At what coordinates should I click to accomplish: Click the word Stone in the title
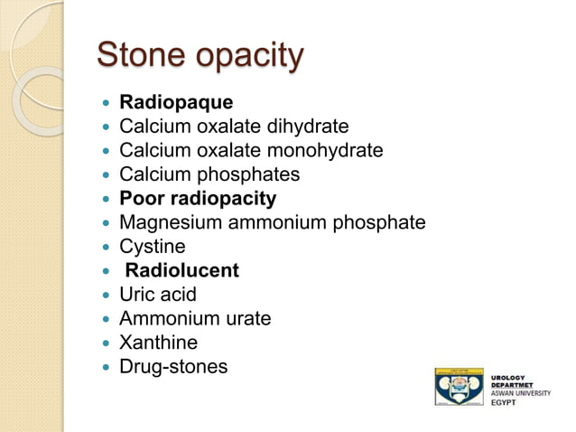click(x=137, y=55)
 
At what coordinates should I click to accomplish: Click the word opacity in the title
click(x=245, y=57)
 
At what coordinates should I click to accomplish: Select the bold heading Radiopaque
click(x=176, y=102)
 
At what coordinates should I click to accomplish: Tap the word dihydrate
click(x=303, y=127)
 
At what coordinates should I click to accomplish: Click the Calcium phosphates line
click(x=209, y=174)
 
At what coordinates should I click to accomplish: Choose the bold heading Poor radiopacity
click(x=198, y=198)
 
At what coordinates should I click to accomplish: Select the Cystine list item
click(x=153, y=247)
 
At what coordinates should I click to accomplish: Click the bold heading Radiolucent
click(x=181, y=270)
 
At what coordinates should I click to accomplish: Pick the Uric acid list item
click(x=158, y=295)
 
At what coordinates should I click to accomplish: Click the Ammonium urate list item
click(x=195, y=318)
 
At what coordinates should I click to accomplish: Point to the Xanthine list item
click(x=159, y=343)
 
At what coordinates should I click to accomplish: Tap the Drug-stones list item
click(x=173, y=367)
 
